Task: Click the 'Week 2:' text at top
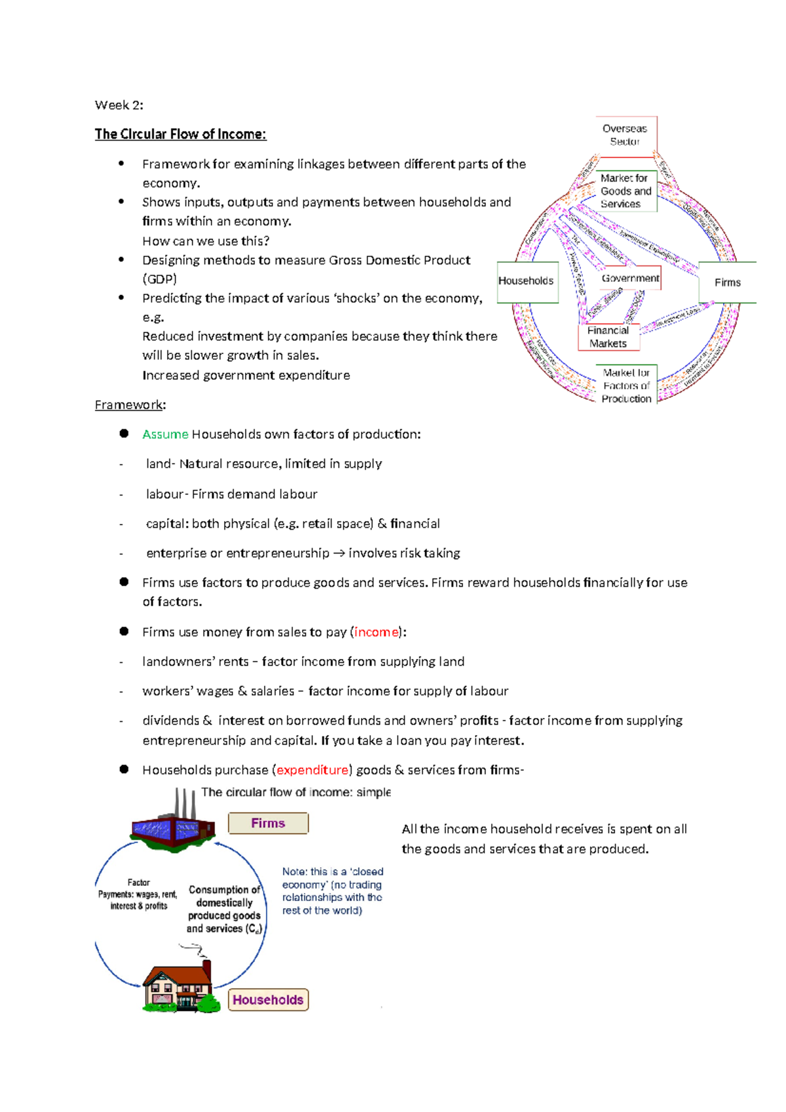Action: click(x=119, y=105)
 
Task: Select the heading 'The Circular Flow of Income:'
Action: click(x=180, y=134)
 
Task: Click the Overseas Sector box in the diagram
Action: click(x=625, y=135)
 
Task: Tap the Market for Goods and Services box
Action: click(x=626, y=191)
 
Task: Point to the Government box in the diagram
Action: click(x=630, y=278)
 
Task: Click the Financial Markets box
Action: click(x=608, y=337)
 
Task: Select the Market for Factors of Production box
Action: click(x=626, y=386)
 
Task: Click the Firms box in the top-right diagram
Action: click(x=727, y=283)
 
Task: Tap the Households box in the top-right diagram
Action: click(x=527, y=281)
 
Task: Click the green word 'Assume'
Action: click(x=165, y=434)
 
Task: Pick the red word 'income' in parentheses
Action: click(x=377, y=632)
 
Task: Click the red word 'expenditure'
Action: click(x=312, y=770)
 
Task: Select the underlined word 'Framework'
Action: click(x=128, y=405)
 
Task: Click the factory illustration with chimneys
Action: click(x=174, y=825)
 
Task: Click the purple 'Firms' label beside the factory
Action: click(x=268, y=824)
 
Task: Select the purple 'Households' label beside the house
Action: click(x=268, y=1000)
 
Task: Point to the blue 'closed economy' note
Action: click(x=332, y=891)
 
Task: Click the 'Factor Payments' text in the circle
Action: click(x=138, y=894)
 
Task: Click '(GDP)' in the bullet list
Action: click(x=159, y=279)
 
